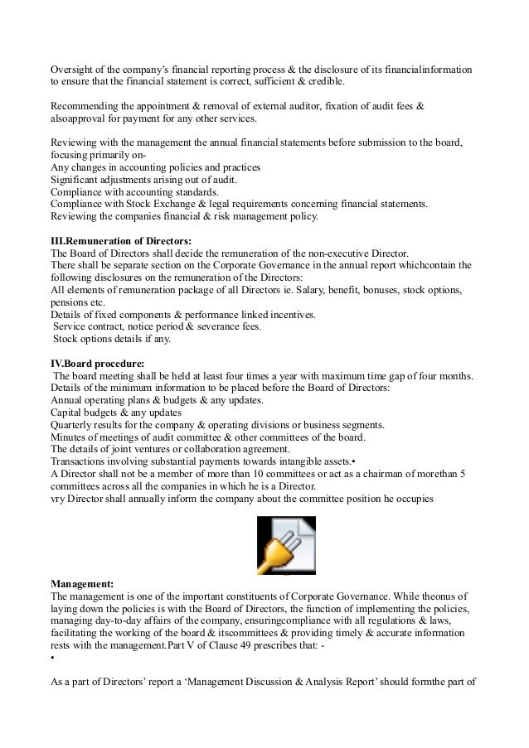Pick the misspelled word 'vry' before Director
point(58,499)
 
